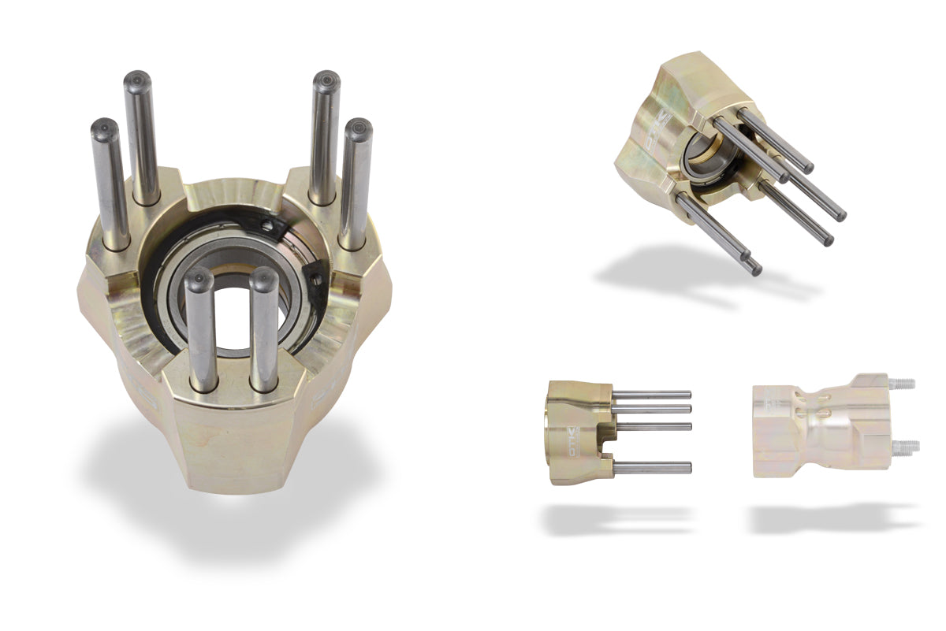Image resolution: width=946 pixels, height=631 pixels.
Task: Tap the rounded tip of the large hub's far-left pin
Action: pos(102,128)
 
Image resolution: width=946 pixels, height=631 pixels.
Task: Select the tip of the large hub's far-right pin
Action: pos(358,128)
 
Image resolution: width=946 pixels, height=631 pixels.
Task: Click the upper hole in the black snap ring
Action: pos(270,226)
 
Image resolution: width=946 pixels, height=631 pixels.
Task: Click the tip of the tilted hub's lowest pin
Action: pos(755,269)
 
